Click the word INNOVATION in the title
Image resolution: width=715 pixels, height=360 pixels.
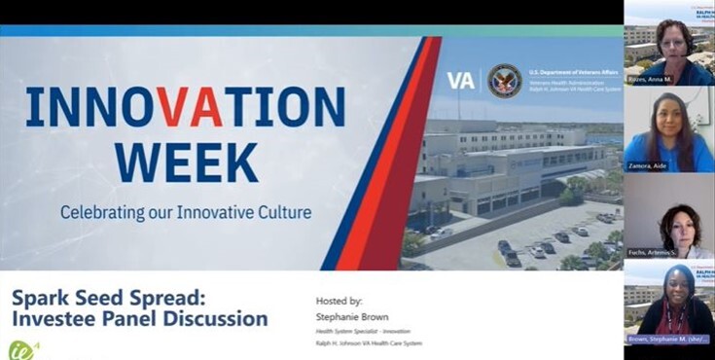point(185,107)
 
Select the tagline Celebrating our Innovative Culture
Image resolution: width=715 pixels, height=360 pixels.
point(185,211)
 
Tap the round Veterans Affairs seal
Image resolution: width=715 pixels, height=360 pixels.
point(504,81)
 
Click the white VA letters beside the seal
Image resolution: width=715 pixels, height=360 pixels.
point(461,81)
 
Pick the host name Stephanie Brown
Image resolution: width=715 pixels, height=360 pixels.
point(352,316)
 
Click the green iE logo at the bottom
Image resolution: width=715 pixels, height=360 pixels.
point(21,348)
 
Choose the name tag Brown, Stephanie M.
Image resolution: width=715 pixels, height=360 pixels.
point(668,340)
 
